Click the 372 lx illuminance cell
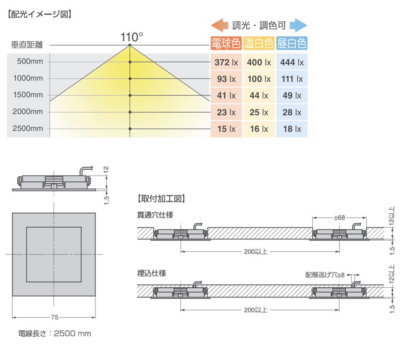(226, 62)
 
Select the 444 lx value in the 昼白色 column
(292, 62)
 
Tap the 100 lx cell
(259, 79)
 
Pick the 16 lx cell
(259, 129)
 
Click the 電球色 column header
(226, 43)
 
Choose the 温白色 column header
(259, 43)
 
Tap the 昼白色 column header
(292, 43)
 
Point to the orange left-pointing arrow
(220, 25)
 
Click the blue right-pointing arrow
(299, 25)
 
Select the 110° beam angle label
(132, 37)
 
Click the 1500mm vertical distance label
(28, 95)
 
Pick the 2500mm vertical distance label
(28, 128)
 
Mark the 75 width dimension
(55, 317)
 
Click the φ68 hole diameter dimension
(339, 218)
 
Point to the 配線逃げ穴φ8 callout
(325, 275)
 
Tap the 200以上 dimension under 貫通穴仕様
(256, 252)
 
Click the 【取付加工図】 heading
(161, 199)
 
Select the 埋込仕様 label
(152, 273)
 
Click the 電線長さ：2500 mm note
(55, 333)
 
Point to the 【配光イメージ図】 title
(40, 14)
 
